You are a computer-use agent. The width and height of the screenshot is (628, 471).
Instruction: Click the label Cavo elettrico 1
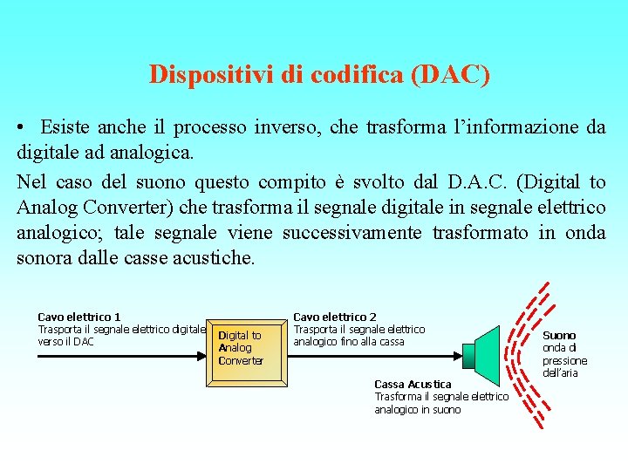[x=79, y=317]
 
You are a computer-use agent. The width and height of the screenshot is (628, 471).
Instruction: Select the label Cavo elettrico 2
[x=335, y=317]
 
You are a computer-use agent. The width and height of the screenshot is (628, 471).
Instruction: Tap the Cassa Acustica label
[x=413, y=384]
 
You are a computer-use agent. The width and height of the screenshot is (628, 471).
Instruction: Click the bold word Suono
[x=559, y=335]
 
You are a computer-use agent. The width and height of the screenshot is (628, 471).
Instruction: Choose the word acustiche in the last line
[x=214, y=259]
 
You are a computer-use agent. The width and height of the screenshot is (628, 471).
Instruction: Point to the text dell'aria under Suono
[x=562, y=372]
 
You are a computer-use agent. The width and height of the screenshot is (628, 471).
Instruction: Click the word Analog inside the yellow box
[x=235, y=348]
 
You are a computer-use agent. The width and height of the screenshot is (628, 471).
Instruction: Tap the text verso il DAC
[x=66, y=341]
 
